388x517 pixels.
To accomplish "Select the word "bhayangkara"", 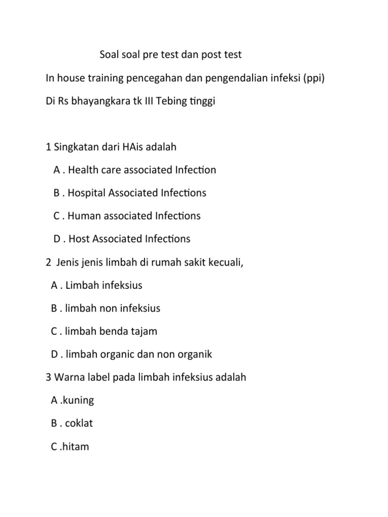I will coord(101,101).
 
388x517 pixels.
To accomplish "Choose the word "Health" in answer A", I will coord(83,170).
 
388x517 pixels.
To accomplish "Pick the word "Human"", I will coord(83,216).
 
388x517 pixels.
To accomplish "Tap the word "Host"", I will coord(78,239).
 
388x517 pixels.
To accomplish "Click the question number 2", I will coord(48,262).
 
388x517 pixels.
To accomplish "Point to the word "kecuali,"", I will coord(226,262).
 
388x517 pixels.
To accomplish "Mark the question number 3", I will coord(48,377).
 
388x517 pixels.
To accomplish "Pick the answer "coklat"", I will coord(79,423).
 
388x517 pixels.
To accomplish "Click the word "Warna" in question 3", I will coord(68,377).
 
